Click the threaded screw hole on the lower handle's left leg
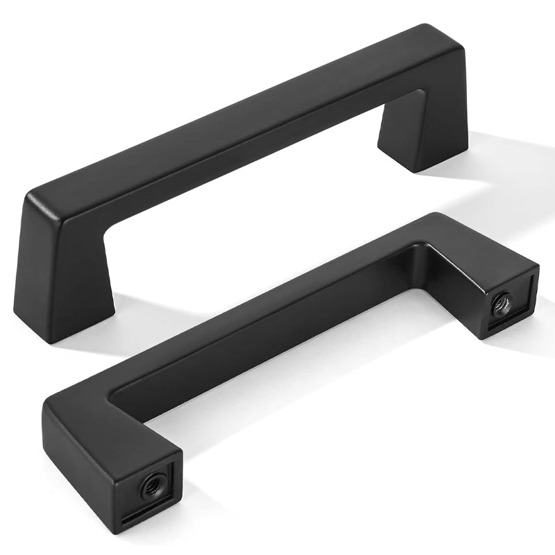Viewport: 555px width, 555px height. (x=150, y=486)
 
